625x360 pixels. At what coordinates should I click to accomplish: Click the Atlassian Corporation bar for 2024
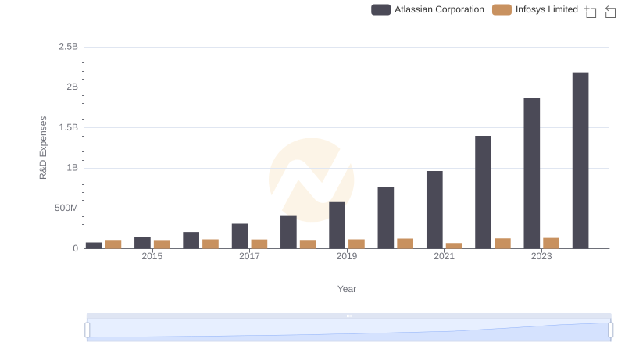pos(580,160)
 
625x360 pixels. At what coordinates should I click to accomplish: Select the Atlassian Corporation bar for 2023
pos(531,173)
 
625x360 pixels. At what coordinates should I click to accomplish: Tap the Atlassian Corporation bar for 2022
pos(483,192)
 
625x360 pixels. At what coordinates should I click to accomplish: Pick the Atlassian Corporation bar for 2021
pos(434,209)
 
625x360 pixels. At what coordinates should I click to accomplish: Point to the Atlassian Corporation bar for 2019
pos(337,225)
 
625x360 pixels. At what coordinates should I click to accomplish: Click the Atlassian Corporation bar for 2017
pos(240,236)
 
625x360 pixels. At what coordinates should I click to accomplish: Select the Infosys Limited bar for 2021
pos(454,245)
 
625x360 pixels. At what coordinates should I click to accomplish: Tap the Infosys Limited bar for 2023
pos(551,243)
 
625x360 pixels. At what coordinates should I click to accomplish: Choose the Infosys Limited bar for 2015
pos(162,244)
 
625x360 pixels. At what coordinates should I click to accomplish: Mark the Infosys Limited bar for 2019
pos(356,244)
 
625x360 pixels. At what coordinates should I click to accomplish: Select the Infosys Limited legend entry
pos(536,9)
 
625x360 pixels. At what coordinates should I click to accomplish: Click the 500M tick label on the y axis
pos(66,209)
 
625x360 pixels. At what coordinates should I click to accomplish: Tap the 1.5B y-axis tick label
pos(69,127)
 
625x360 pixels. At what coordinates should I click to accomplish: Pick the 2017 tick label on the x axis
pos(249,257)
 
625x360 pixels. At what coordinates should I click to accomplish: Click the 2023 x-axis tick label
pos(541,257)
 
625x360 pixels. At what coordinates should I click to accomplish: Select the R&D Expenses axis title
pos(44,148)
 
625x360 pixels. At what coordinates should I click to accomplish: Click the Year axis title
pos(347,289)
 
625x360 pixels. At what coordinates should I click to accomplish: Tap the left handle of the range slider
pos(87,330)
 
